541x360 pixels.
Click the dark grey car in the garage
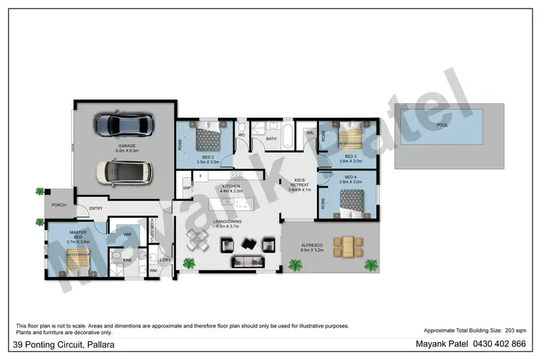[x=126, y=125]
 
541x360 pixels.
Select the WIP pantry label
[x=186, y=188]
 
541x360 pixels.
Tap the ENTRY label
[x=95, y=209]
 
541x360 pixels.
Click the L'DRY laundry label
[x=165, y=260]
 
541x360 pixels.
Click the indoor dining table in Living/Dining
[x=195, y=240]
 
